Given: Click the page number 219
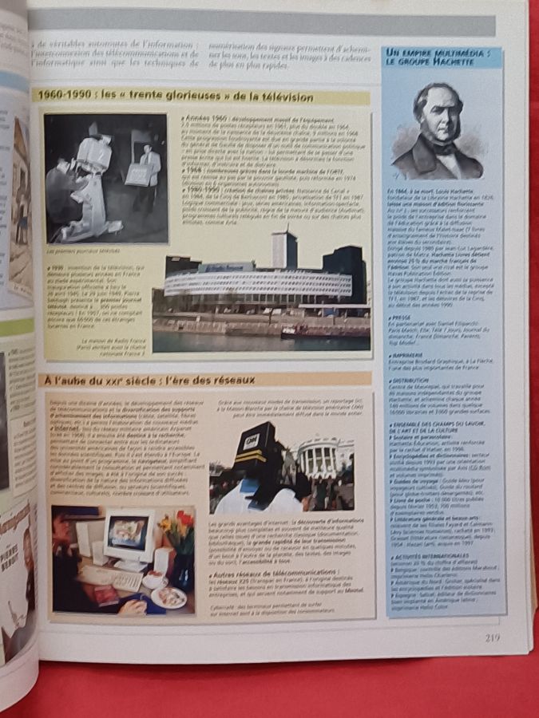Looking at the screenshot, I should (x=492, y=637).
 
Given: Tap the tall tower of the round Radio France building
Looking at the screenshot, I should (x=283, y=251).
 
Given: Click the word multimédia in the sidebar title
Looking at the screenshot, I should (x=460, y=53).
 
